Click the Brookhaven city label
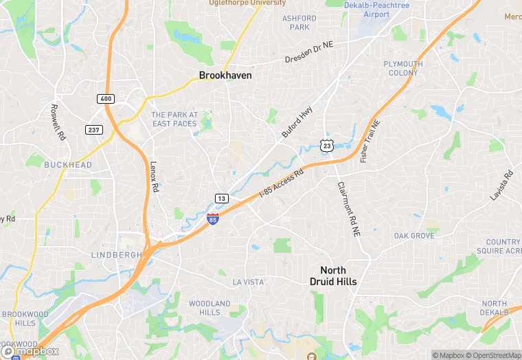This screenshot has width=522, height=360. [225, 76]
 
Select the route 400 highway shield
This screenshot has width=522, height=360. [105, 99]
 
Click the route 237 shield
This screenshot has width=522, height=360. [94, 130]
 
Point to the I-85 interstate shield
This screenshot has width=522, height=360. [213, 219]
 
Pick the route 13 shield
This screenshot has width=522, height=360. [221, 199]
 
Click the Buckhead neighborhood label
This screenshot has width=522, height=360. [68, 165]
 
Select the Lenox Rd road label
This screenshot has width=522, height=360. [155, 177]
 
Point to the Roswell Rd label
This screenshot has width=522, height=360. [58, 122]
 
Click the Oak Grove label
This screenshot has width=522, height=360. [414, 236]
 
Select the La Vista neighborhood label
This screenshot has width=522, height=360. [248, 282]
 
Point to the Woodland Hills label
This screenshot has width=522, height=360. [209, 308]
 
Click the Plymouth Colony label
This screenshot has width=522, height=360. [403, 68]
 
